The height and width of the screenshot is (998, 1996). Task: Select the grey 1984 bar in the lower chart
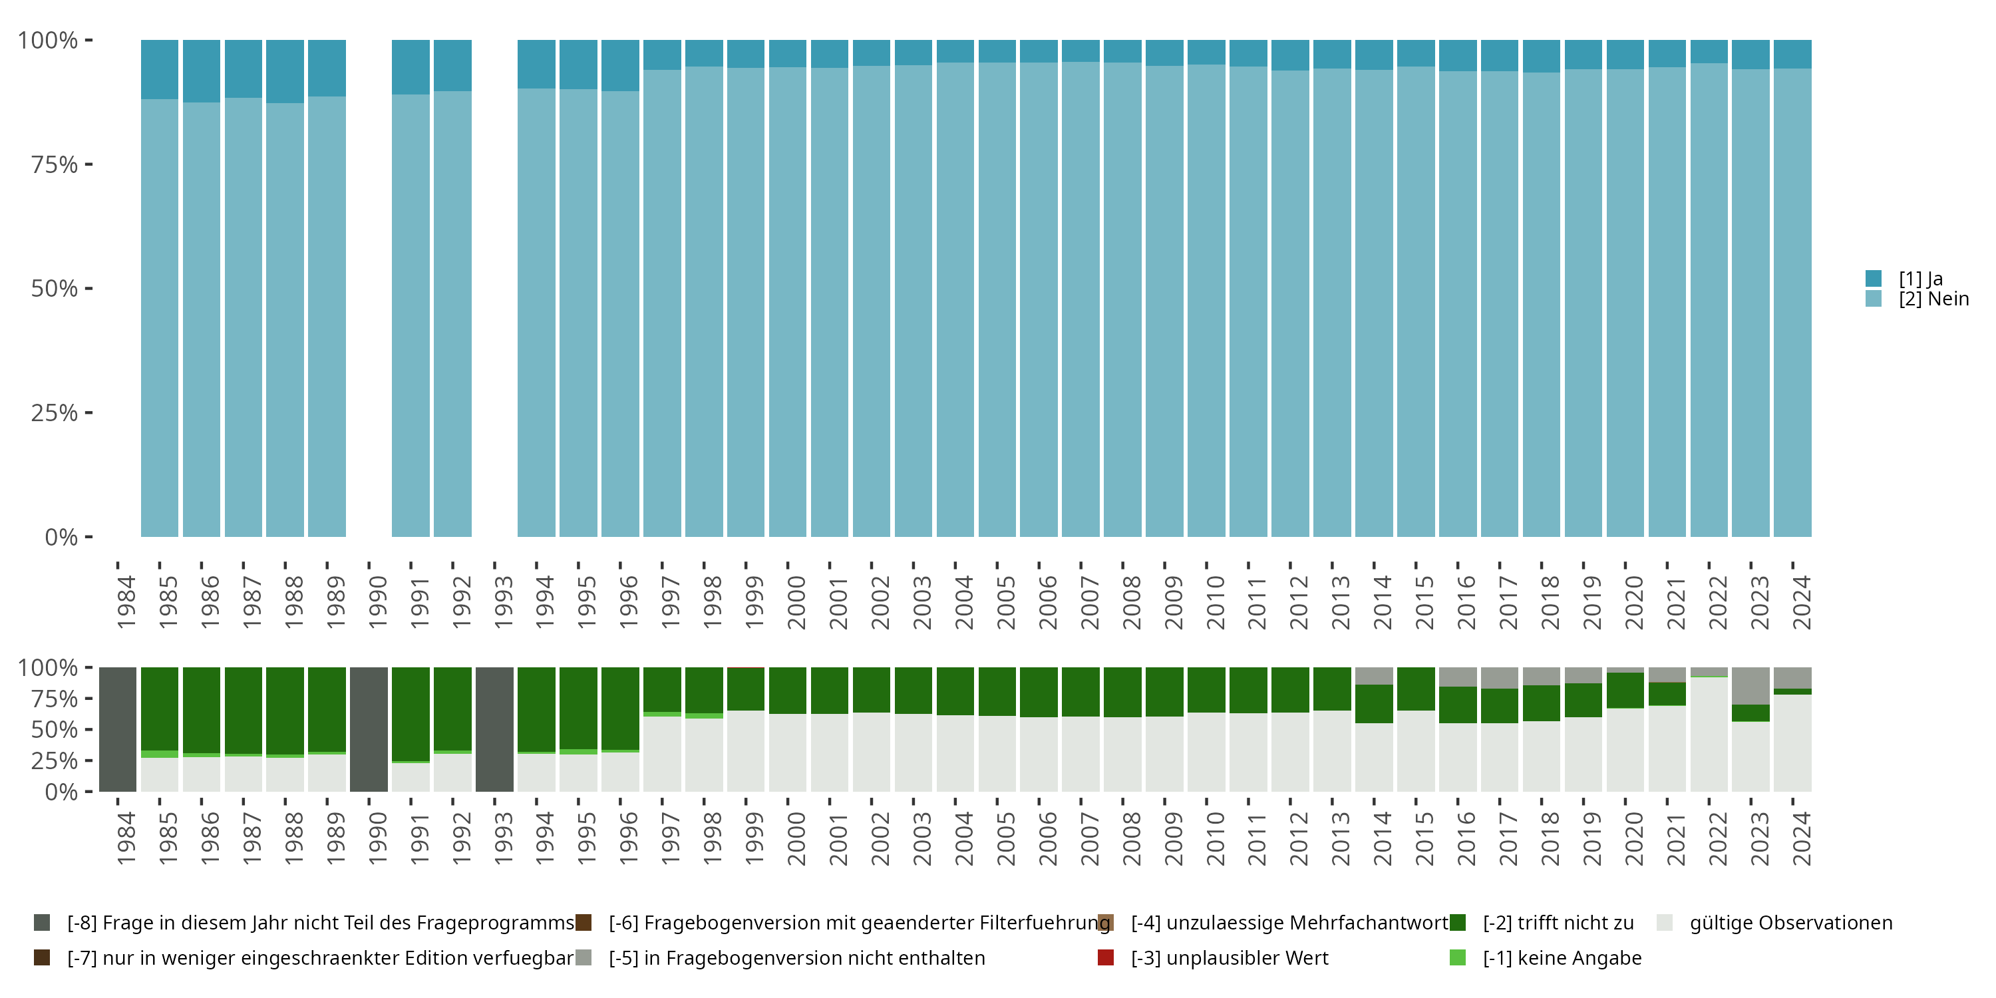(118, 729)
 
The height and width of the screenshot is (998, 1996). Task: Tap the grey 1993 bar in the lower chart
(494, 729)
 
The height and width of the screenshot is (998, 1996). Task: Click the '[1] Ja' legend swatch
(1873, 278)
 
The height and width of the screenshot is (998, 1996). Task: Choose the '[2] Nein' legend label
(1933, 299)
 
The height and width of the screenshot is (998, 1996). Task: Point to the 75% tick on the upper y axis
(88, 164)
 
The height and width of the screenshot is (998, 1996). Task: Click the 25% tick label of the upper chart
(55, 413)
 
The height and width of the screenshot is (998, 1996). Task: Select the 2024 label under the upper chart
(1802, 603)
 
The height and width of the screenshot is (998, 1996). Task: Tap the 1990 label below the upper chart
(377, 603)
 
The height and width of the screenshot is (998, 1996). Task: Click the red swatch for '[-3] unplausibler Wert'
(1106, 957)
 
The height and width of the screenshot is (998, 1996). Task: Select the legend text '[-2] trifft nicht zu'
(1558, 923)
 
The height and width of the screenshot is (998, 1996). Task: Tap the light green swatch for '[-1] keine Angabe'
(1458, 957)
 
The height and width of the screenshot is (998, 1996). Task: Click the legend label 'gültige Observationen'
(1790, 923)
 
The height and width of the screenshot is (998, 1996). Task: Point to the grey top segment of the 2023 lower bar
(1750, 686)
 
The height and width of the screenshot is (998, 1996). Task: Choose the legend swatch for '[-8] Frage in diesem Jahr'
(42, 923)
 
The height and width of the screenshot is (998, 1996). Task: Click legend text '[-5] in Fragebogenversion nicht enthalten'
(796, 957)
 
